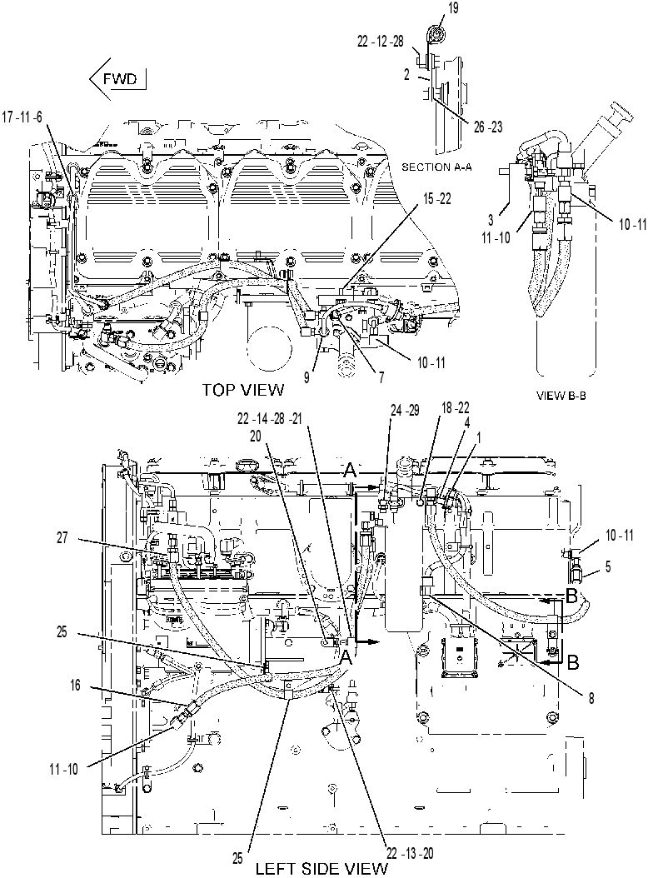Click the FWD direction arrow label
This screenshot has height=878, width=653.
(118, 78)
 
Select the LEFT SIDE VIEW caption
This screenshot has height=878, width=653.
(322, 868)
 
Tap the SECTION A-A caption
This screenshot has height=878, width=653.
(436, 167)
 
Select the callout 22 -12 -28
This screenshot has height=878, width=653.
(381, 42)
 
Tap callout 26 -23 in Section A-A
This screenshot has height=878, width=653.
(488, 127)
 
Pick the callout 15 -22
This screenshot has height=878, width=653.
(436, 199)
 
